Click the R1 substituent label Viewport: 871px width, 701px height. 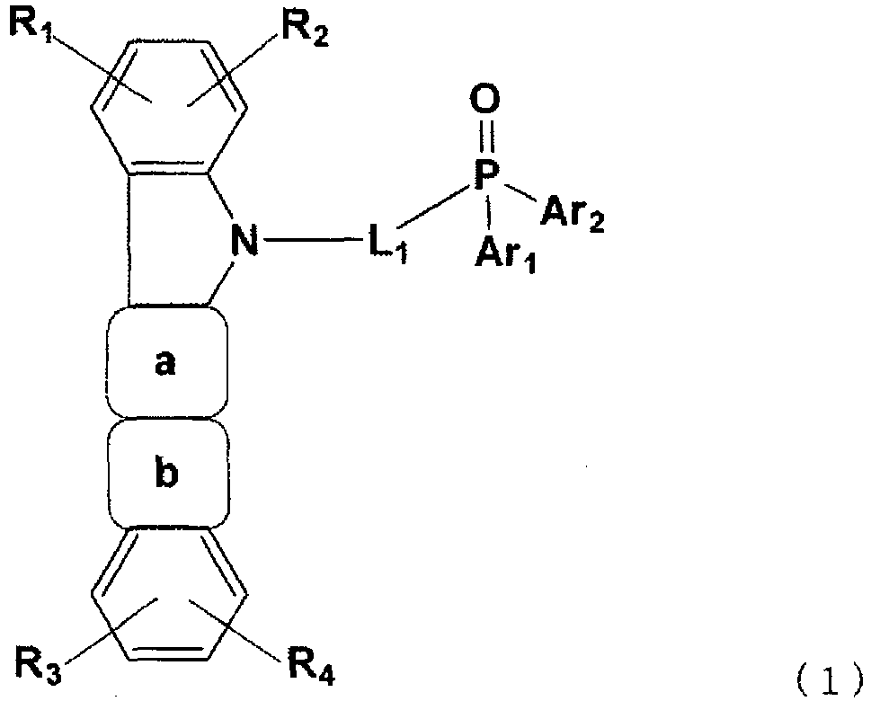tap(30, 24)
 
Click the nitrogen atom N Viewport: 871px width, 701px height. tap(244, 239)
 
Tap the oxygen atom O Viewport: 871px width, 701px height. tap(485, 100)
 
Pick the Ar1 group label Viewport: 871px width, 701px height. tap(505, 252)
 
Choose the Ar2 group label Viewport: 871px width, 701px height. tap(573, 214)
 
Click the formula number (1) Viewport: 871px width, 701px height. tap(830, 681)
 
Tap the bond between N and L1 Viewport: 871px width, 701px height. tap(314, 240)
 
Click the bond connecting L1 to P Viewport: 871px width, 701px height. tap(433, 207)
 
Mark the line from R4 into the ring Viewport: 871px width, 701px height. tap(235, 629)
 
